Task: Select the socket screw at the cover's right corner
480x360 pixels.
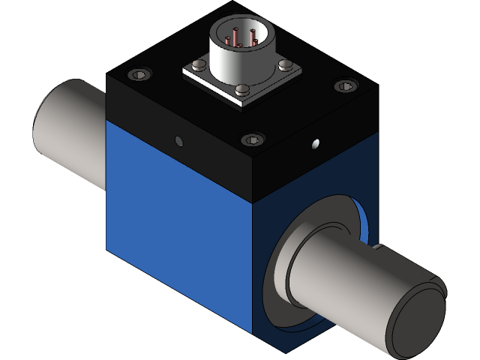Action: click(343, 86)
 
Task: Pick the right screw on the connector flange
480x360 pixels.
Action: click(286, 63)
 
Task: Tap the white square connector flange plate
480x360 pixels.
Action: click(217, 81)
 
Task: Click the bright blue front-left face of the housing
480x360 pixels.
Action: click(180, 225)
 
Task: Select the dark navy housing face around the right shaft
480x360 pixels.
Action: click(337, 187)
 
